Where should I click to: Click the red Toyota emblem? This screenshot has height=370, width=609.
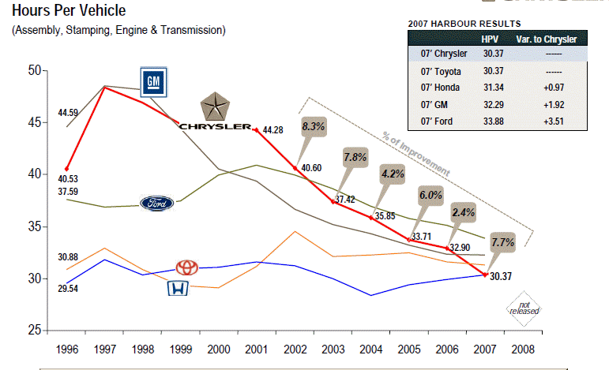[x=187, y=267]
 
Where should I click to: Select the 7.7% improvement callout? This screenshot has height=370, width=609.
[x=503, y=242]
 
